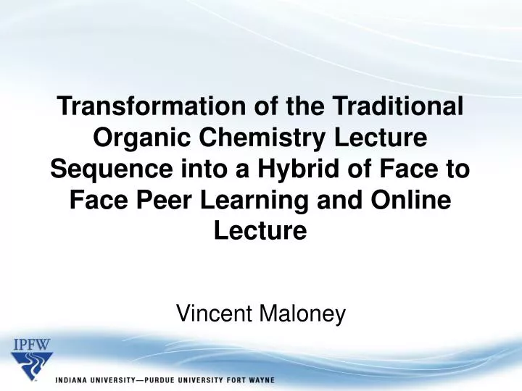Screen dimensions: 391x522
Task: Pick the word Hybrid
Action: pyautogui.click(x=283, y=170)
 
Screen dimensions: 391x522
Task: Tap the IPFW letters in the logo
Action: pyautogui.click(x=31, y=344)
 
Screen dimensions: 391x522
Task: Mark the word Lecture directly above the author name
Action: pyautogui.click(x=260, y=232)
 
